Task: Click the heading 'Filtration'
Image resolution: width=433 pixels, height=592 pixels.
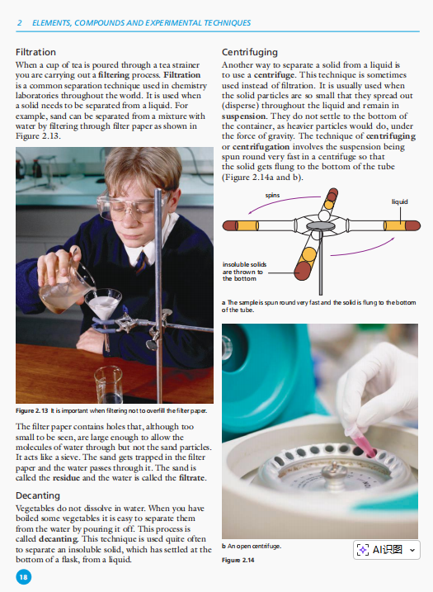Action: coord(35,52)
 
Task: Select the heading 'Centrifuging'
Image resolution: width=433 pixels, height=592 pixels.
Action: coord(250,52)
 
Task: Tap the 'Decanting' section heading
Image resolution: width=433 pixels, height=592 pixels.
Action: coord(38,495)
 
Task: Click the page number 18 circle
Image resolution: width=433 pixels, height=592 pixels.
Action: coord(23,577)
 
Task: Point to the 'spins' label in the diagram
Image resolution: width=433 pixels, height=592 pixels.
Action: coord(272,195)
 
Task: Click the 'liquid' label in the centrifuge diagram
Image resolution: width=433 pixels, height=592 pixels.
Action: coord(399,201)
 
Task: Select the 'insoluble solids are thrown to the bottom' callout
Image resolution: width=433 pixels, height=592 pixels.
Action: coord(244,272)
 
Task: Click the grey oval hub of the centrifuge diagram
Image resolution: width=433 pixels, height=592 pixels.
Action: coord(320,225)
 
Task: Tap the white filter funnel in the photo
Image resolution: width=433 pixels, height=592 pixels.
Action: coord(103,303)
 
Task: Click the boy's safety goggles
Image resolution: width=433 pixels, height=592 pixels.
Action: coord(130,207)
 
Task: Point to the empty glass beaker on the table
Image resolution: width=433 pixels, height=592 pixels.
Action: coord(109,384)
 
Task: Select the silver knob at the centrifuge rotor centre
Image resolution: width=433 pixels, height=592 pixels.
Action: coord(334,471)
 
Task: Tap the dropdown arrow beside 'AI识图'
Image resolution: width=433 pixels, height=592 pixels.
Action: coord(412,550)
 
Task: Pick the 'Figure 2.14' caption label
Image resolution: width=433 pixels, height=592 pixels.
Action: coord(238,560)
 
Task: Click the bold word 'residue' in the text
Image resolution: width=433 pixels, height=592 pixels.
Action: coord(66,477)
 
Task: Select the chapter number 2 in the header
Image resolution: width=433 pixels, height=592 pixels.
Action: coord(19,23)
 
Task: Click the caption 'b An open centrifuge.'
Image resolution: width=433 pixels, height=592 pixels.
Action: coord(252,546)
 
